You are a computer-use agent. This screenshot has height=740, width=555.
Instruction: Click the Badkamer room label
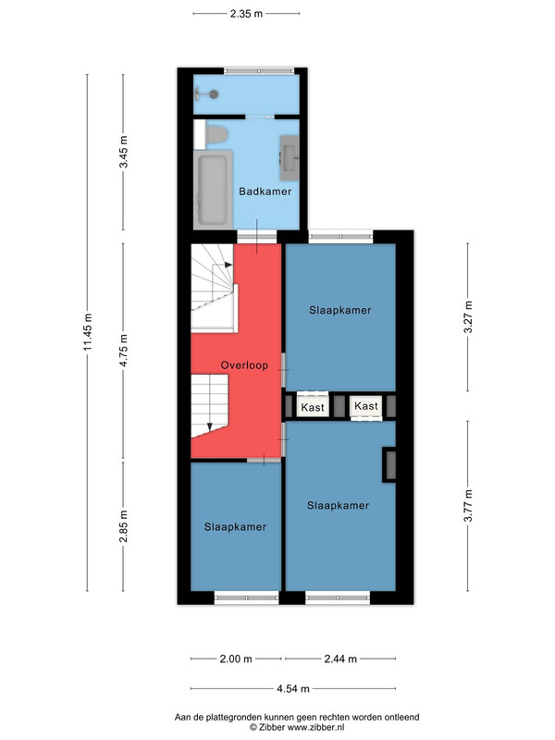coord(265,191)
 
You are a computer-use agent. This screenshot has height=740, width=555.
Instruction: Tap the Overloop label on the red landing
coord(244,364)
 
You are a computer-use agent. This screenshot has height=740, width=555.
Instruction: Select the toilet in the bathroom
coord(216,134)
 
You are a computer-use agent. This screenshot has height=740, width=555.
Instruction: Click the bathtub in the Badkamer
coord(213,189)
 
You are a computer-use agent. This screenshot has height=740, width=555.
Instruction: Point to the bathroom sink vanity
coord(290,157)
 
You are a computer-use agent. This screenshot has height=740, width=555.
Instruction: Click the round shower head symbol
coord(214,94)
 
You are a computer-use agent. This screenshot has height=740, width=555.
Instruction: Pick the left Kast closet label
coord(313,407)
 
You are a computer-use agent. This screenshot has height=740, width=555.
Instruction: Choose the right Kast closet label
coord(366,406)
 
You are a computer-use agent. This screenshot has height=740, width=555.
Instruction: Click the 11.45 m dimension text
coord(88,332)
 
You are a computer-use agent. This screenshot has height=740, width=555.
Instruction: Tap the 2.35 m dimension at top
coord(246,14)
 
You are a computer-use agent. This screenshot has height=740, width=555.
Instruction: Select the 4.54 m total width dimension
coord(293,688)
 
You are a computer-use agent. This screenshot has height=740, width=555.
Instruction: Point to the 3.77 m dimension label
coord(468,505)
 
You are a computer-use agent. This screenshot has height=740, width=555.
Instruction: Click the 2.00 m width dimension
coord(236,659)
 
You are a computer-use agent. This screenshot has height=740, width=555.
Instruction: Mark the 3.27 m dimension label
coord(468,316)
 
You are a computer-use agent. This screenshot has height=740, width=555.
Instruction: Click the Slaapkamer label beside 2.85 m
coord(235,526)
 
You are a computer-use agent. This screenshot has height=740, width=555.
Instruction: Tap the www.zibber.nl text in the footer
coord(316,727)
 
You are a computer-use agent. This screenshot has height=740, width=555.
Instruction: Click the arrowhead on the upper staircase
coord(228,265)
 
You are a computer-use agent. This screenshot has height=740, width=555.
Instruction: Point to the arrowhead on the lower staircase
coord(210,427)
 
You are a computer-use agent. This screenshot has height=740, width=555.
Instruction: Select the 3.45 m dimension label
coord(124,152)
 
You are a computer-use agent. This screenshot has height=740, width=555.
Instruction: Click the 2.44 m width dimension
coord(340,659)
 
